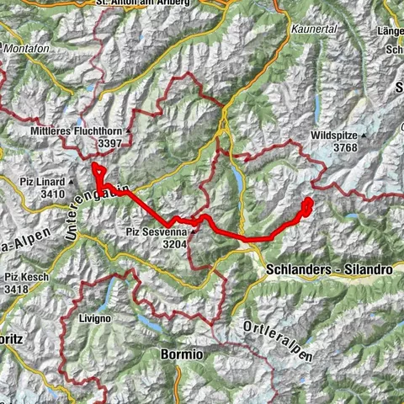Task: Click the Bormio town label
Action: (180, 355)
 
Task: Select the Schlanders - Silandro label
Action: (328, 269)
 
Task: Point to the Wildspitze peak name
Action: (335, 135)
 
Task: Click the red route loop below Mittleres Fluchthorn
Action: (99, 173)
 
